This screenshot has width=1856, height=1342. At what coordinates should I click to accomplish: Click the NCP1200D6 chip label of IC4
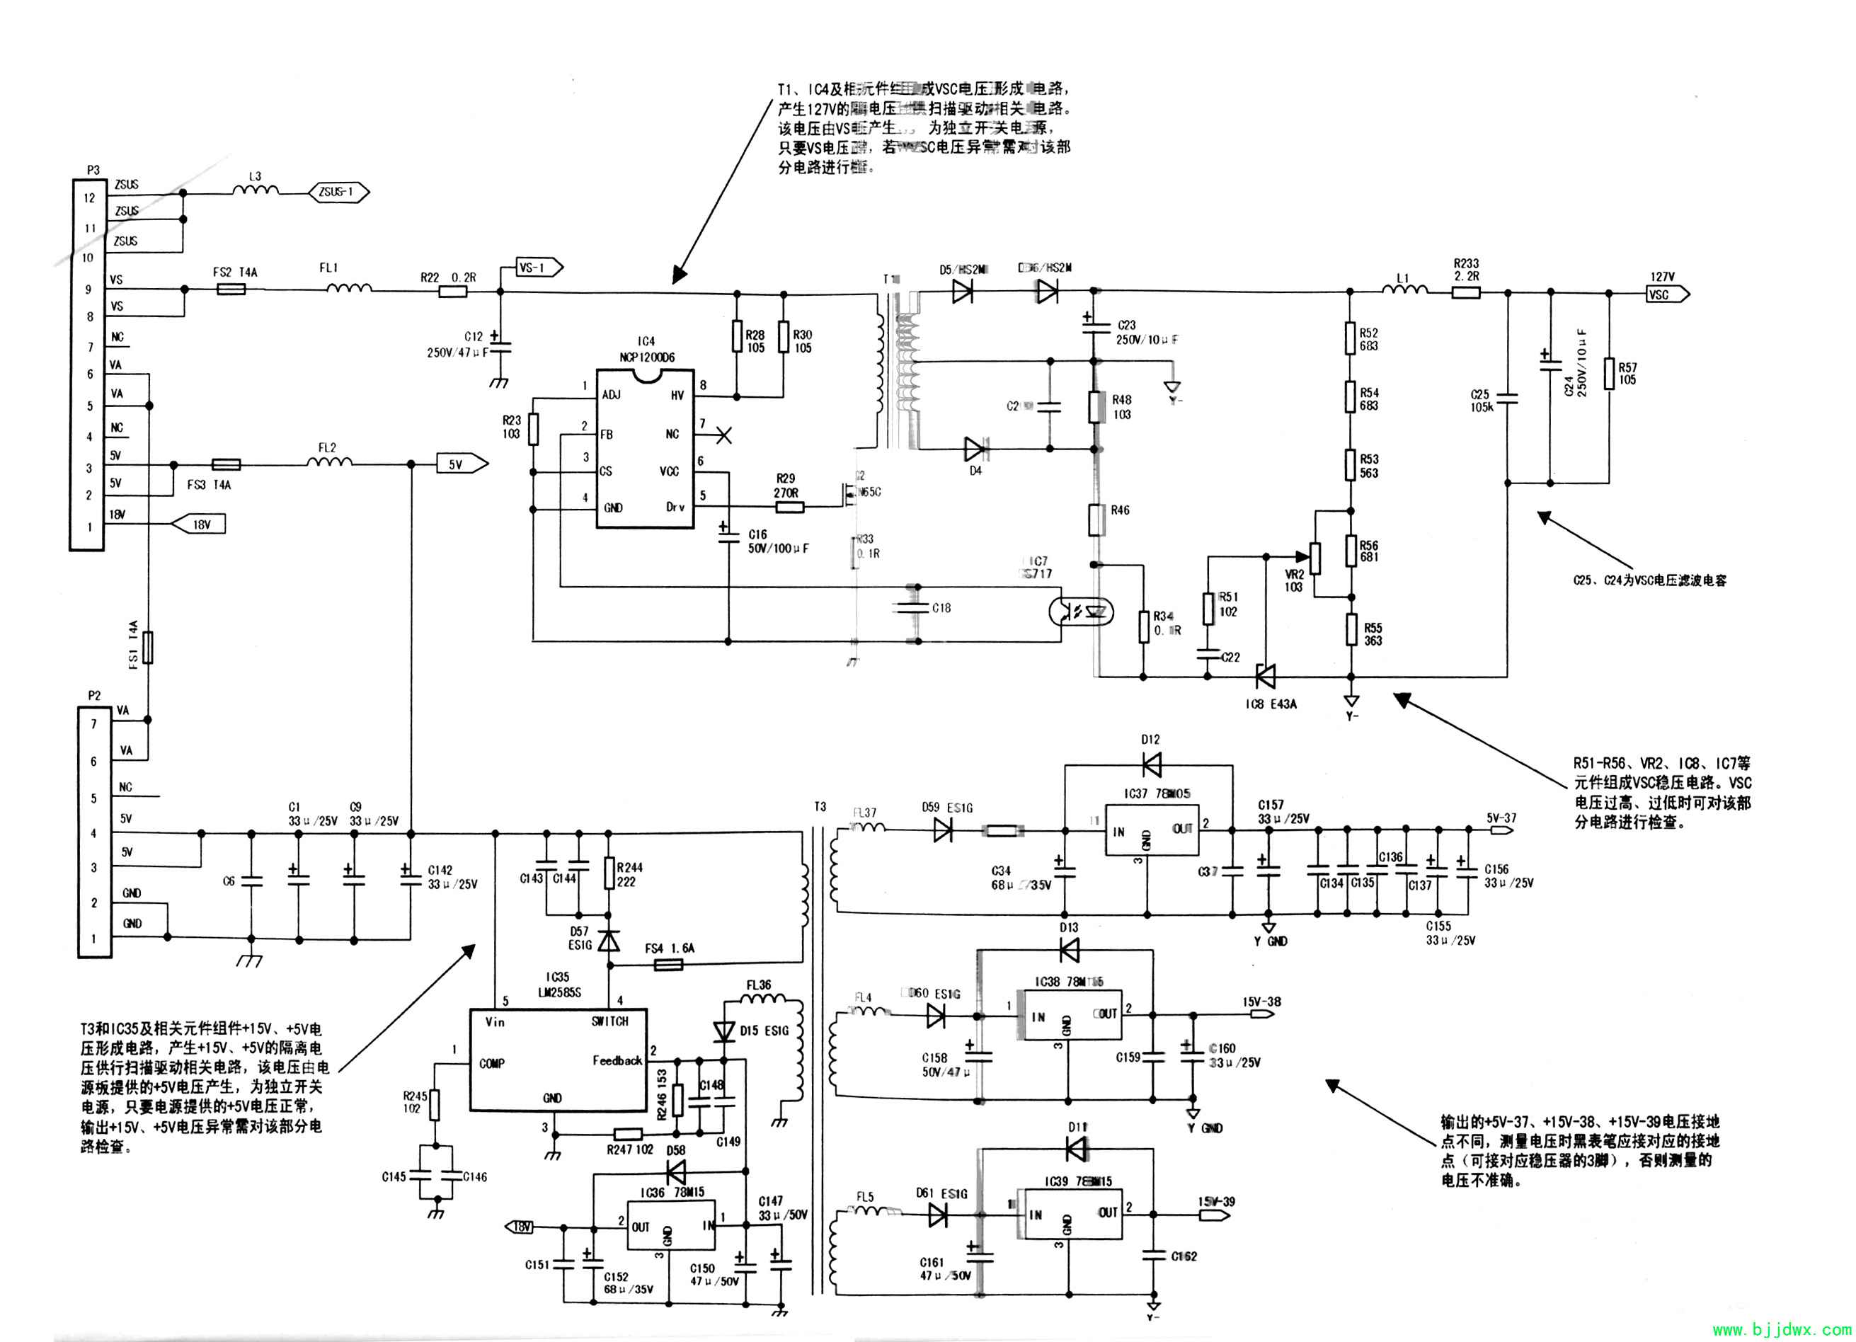tap(646, 357)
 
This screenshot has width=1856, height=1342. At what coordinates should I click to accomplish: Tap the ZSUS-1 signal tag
tap(337, 193)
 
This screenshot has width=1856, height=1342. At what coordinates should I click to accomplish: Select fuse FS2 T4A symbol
tap(231, 289)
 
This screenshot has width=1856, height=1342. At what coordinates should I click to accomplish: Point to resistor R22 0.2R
tap(452, 290)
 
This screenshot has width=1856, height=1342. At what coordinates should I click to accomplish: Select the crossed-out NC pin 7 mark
tap(723, 435)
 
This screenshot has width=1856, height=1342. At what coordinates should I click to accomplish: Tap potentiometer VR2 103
tap(1315, 558)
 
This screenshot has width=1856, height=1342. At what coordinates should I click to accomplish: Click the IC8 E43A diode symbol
tap(1266, 676)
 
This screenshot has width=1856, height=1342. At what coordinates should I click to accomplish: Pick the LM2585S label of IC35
tap(559, 992)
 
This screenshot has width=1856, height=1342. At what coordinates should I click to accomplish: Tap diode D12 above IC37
tap(1150, 765)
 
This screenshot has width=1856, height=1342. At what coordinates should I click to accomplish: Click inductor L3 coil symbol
tap(256, 192)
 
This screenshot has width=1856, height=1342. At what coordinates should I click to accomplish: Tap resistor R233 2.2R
tap(1466, 292)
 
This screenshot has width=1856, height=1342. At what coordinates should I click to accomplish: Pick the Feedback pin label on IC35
tap(617, 1060)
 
